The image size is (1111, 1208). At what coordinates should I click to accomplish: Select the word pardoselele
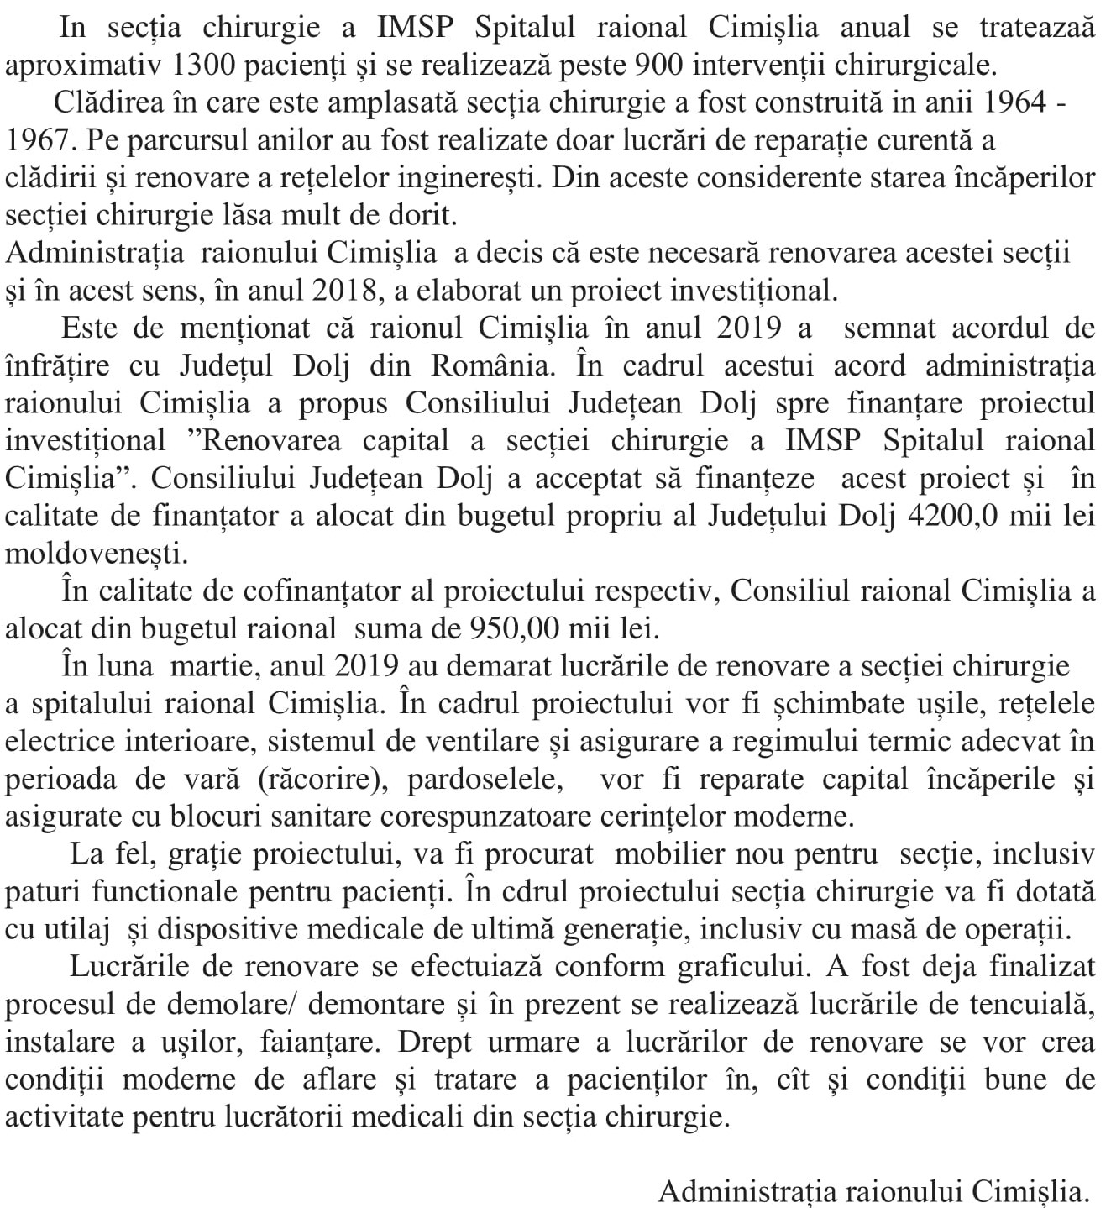click(x=485, y=779)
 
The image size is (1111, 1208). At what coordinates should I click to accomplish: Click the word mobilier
click(x=668, y=854)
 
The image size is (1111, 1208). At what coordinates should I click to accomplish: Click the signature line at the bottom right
click(x=873, y=1190)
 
